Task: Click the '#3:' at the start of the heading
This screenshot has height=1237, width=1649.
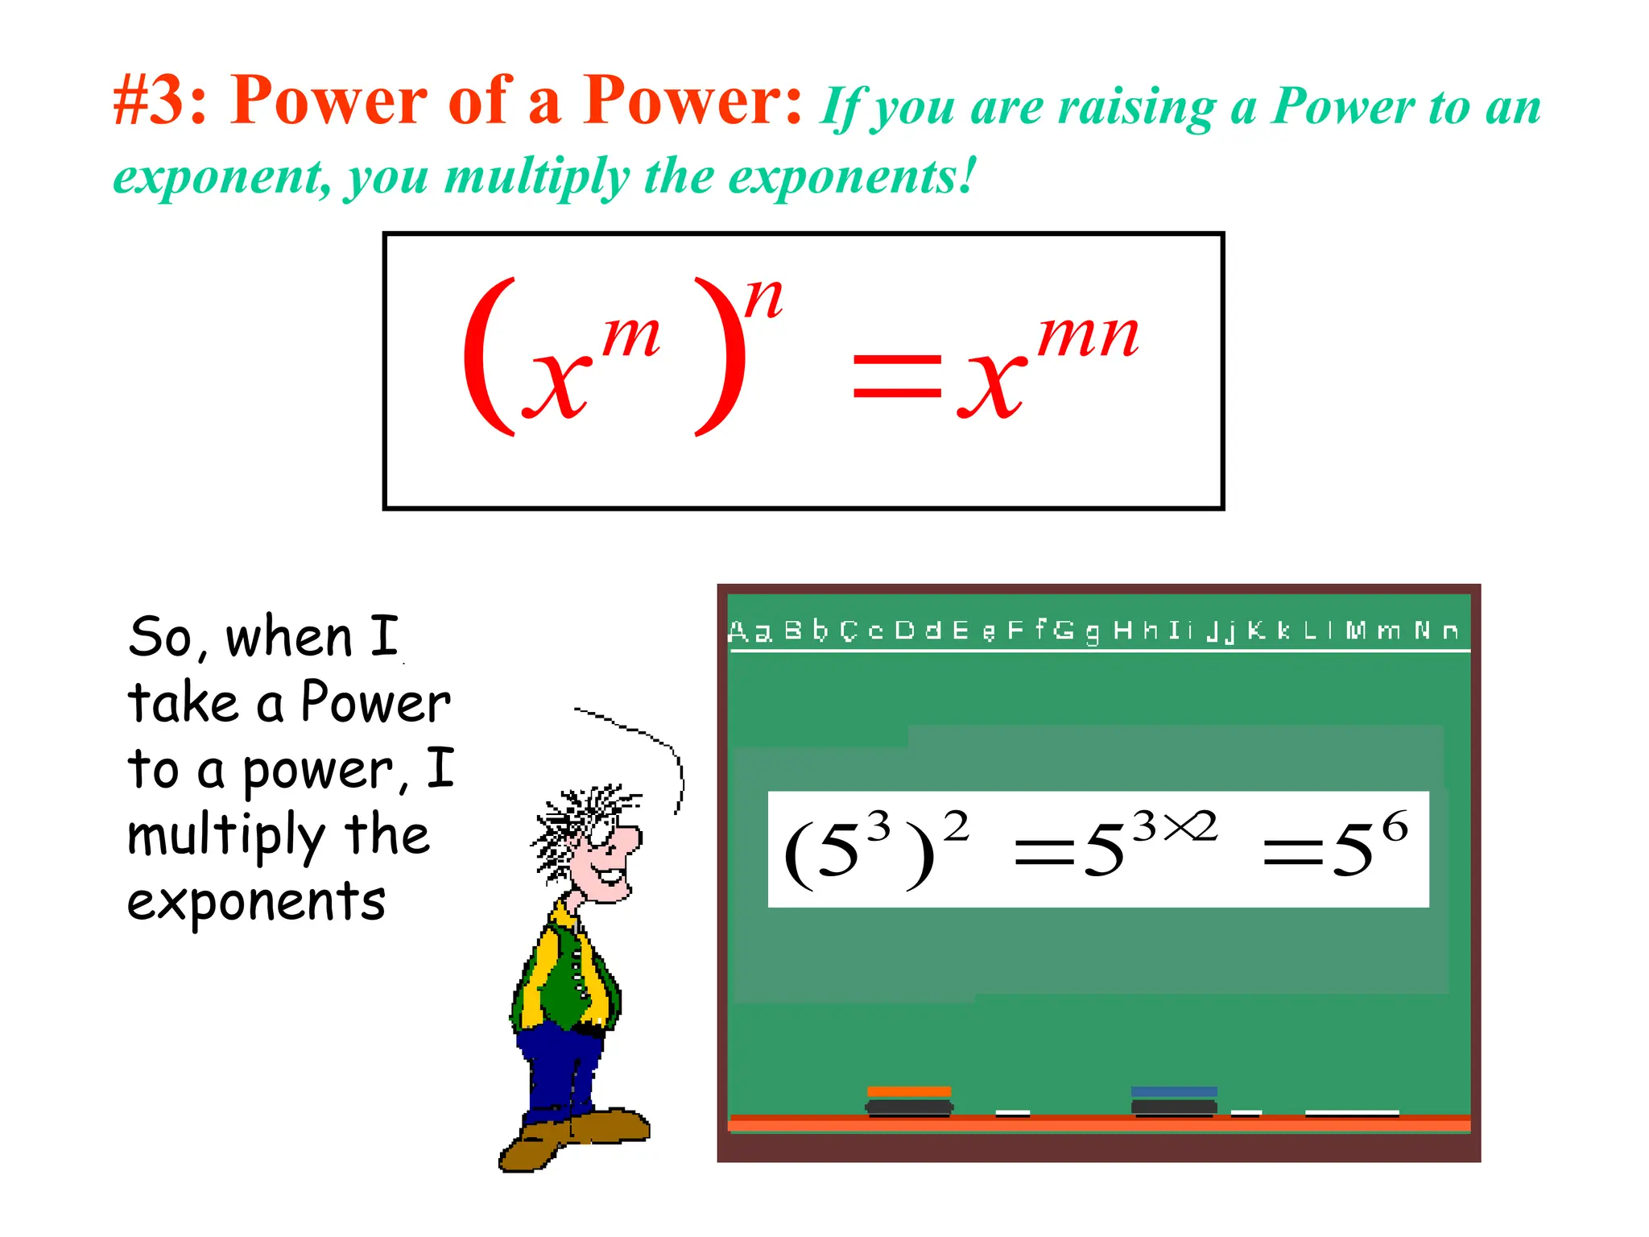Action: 160,101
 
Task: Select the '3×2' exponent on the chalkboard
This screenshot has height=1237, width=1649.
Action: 1175,827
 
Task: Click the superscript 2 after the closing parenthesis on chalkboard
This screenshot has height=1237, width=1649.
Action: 957,827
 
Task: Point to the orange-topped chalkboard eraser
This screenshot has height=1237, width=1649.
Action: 909,1101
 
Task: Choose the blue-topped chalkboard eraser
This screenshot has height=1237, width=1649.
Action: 1174,1101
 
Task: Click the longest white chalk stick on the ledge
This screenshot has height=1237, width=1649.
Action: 1351,1114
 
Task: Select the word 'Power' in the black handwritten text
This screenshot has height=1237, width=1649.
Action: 375,702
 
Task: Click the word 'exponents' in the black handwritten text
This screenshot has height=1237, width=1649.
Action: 257,902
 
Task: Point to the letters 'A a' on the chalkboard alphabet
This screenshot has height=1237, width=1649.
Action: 750,631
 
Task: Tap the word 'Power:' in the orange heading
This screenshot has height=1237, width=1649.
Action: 693,101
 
